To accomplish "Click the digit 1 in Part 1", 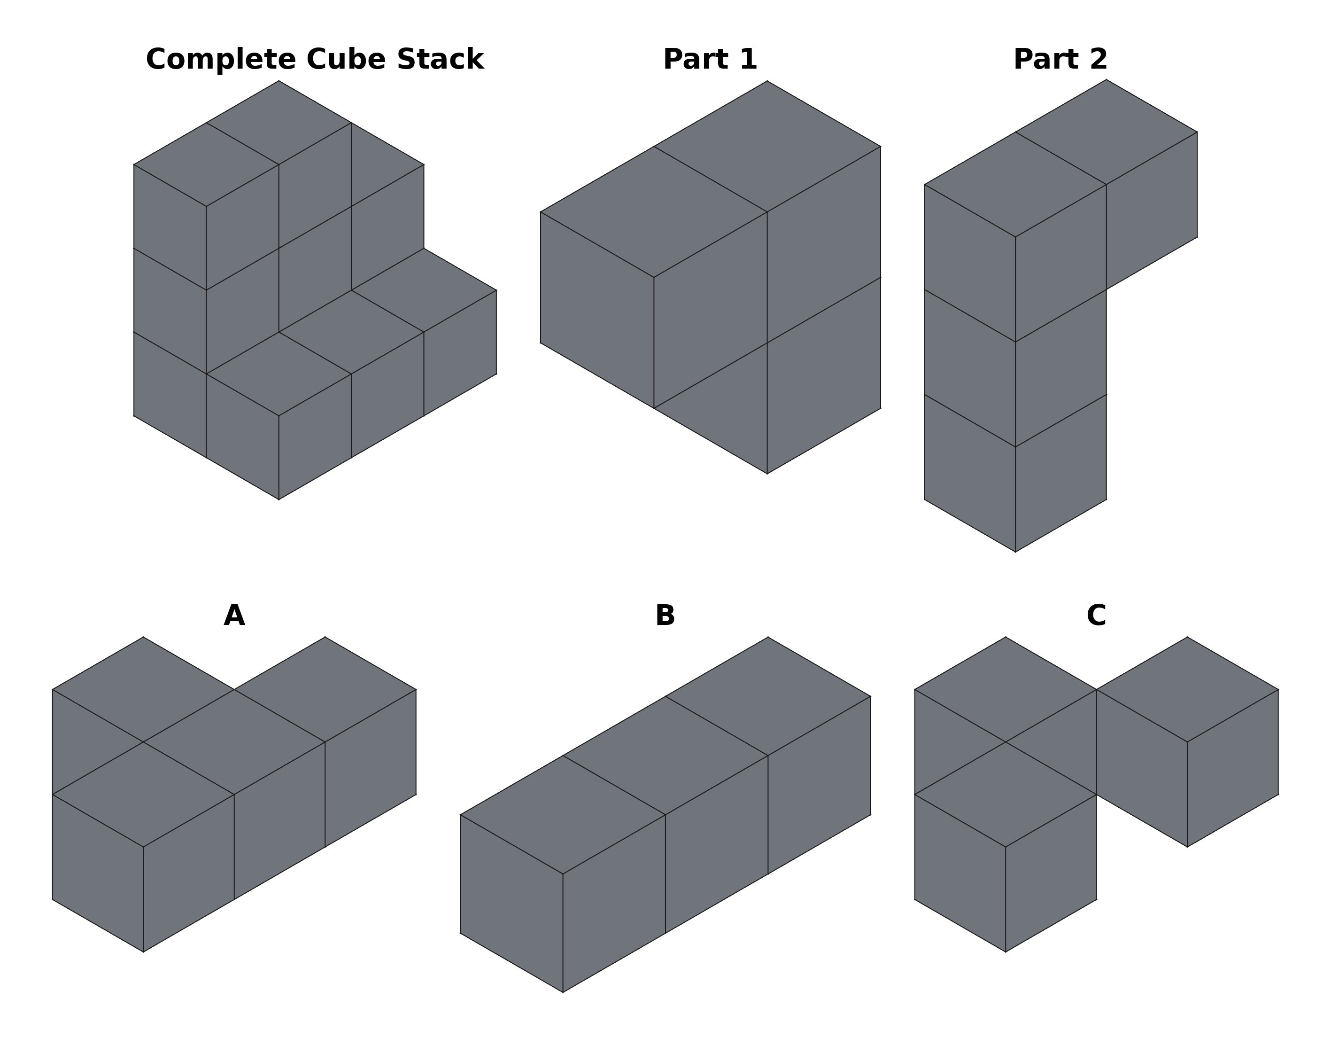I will coord(750,59).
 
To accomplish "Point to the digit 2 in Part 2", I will coord(1099,59).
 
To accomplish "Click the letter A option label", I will coord(234,616).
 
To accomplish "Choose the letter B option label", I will coord(665,616).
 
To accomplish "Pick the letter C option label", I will coord(1096,616).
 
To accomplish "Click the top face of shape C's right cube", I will coord(1187,689).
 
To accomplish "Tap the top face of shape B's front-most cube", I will coord(563,814).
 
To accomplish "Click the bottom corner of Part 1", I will coord(767,474).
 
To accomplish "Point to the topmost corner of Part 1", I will coord(767,81).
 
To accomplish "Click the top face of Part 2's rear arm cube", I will coord(1106,132).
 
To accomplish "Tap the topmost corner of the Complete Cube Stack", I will coord(279,81).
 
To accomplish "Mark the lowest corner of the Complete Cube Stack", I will coord(279,499).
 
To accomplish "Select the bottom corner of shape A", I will coord(143,951).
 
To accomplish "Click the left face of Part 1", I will coord(597,310).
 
